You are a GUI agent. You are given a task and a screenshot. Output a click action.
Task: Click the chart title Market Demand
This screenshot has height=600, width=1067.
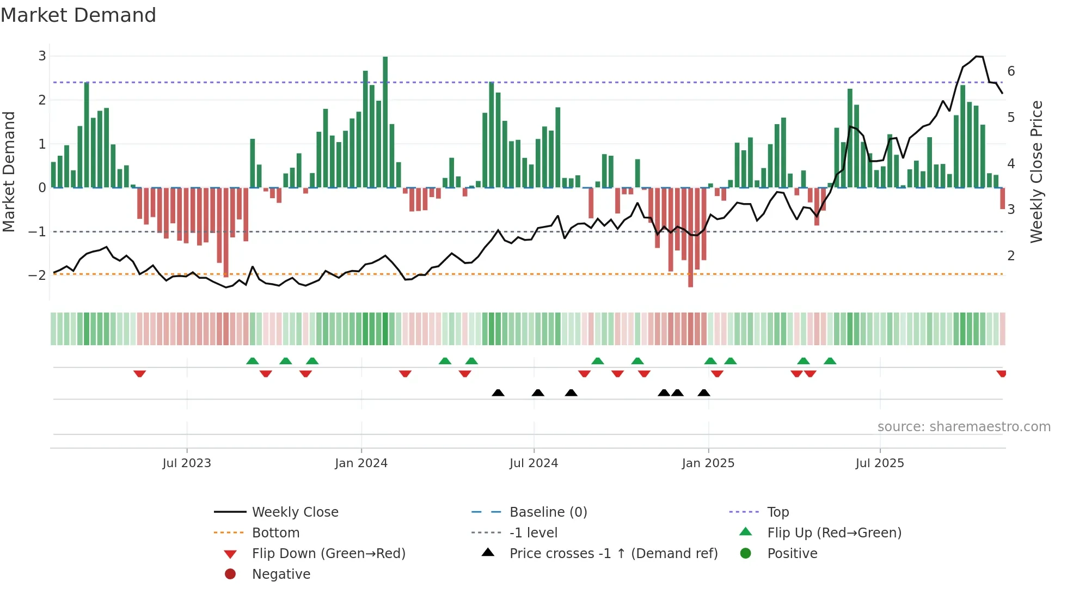78,15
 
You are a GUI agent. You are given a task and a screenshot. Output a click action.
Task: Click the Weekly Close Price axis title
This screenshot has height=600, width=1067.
1037,172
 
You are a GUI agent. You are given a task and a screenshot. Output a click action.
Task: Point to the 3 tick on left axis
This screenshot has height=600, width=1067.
42,56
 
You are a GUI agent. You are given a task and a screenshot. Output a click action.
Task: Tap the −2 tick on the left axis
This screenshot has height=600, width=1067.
38,275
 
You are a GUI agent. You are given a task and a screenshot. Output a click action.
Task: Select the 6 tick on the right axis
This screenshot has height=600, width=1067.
1011,71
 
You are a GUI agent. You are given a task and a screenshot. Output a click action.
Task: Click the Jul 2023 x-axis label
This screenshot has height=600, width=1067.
186,463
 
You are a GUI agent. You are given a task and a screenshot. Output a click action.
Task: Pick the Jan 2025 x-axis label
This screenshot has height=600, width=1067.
708,463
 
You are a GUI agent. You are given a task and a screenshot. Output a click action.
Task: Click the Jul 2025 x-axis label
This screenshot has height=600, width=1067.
879,463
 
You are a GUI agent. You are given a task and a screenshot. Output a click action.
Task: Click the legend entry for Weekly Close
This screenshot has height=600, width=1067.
295,512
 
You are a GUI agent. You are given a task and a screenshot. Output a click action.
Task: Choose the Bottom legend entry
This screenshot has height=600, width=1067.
275,532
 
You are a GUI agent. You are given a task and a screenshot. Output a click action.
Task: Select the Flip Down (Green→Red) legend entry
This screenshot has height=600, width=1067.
328,553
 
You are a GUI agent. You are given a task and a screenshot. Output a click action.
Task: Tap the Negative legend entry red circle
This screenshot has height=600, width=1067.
230,574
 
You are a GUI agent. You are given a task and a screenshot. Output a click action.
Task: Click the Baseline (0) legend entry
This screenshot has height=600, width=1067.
548,512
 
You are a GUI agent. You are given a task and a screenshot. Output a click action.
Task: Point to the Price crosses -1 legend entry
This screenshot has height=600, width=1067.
613,553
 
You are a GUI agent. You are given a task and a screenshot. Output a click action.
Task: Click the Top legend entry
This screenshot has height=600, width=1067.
777,512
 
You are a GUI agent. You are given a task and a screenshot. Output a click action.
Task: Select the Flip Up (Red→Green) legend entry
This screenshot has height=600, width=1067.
834,532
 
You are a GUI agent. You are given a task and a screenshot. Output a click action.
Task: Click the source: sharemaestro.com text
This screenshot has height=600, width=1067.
964,426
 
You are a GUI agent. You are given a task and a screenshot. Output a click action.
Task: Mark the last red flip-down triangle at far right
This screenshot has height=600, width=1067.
1001,374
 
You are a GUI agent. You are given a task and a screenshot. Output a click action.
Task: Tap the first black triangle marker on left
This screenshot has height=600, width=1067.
498,393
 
